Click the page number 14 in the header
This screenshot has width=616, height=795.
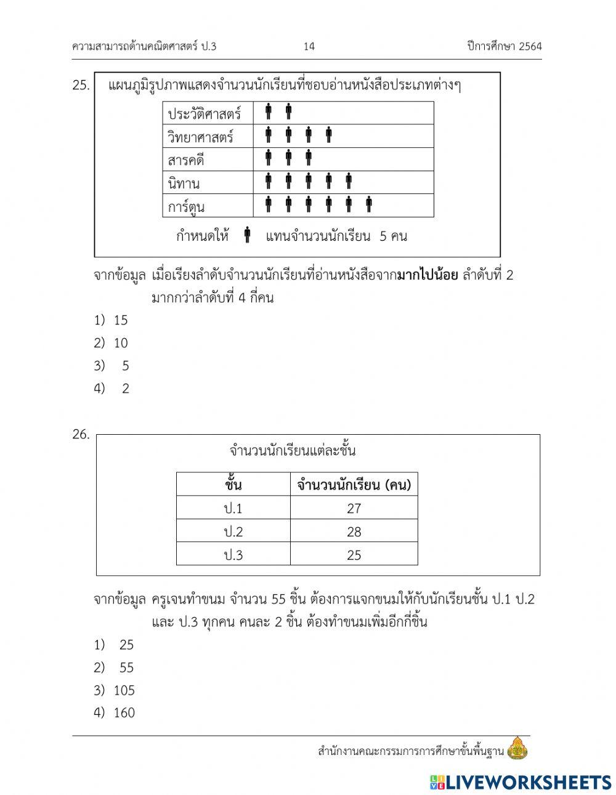point(309,47)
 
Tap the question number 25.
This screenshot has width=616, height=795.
point(81,86)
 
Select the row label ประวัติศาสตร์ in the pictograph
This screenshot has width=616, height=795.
point(204,114)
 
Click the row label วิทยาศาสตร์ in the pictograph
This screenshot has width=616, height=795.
point(200,137)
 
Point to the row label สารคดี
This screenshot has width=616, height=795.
point(185,160)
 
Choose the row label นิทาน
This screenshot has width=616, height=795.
point(184,183)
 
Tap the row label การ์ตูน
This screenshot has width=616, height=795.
point(186,206)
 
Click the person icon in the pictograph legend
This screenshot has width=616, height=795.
point(247,235)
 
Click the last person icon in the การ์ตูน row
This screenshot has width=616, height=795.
point(369,204)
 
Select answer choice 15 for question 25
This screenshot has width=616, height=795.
point(120,320)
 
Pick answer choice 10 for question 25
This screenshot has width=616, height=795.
point(120,343)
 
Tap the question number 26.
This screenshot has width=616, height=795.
point(81,435)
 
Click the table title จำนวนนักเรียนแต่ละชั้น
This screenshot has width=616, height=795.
point(293,451)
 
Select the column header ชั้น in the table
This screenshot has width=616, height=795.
point(233,485)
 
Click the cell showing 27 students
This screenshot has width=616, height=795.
point(354,509)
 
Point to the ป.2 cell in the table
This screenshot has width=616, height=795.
point(233,532)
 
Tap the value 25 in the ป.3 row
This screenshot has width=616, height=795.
point(354,555)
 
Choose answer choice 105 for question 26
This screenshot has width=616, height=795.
point(124,690)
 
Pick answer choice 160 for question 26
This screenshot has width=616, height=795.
point(124,713)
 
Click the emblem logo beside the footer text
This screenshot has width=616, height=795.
point(517,748)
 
